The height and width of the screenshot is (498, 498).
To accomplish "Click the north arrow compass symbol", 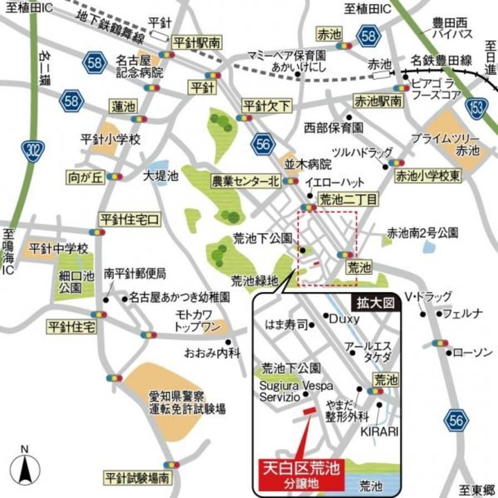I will pyautogui.click(x=24, y=468).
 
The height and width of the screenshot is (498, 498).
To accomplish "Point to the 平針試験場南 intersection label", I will pyautogui.click(x=137, y=477).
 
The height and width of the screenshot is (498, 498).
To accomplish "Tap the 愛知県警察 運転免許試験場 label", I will pyautogui.click(x=186, y=403).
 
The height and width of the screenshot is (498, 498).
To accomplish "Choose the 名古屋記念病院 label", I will pyautogui.click(x=139, y=66).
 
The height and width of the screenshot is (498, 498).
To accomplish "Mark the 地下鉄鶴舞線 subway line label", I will pyautogui.click(x=111, y=28).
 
